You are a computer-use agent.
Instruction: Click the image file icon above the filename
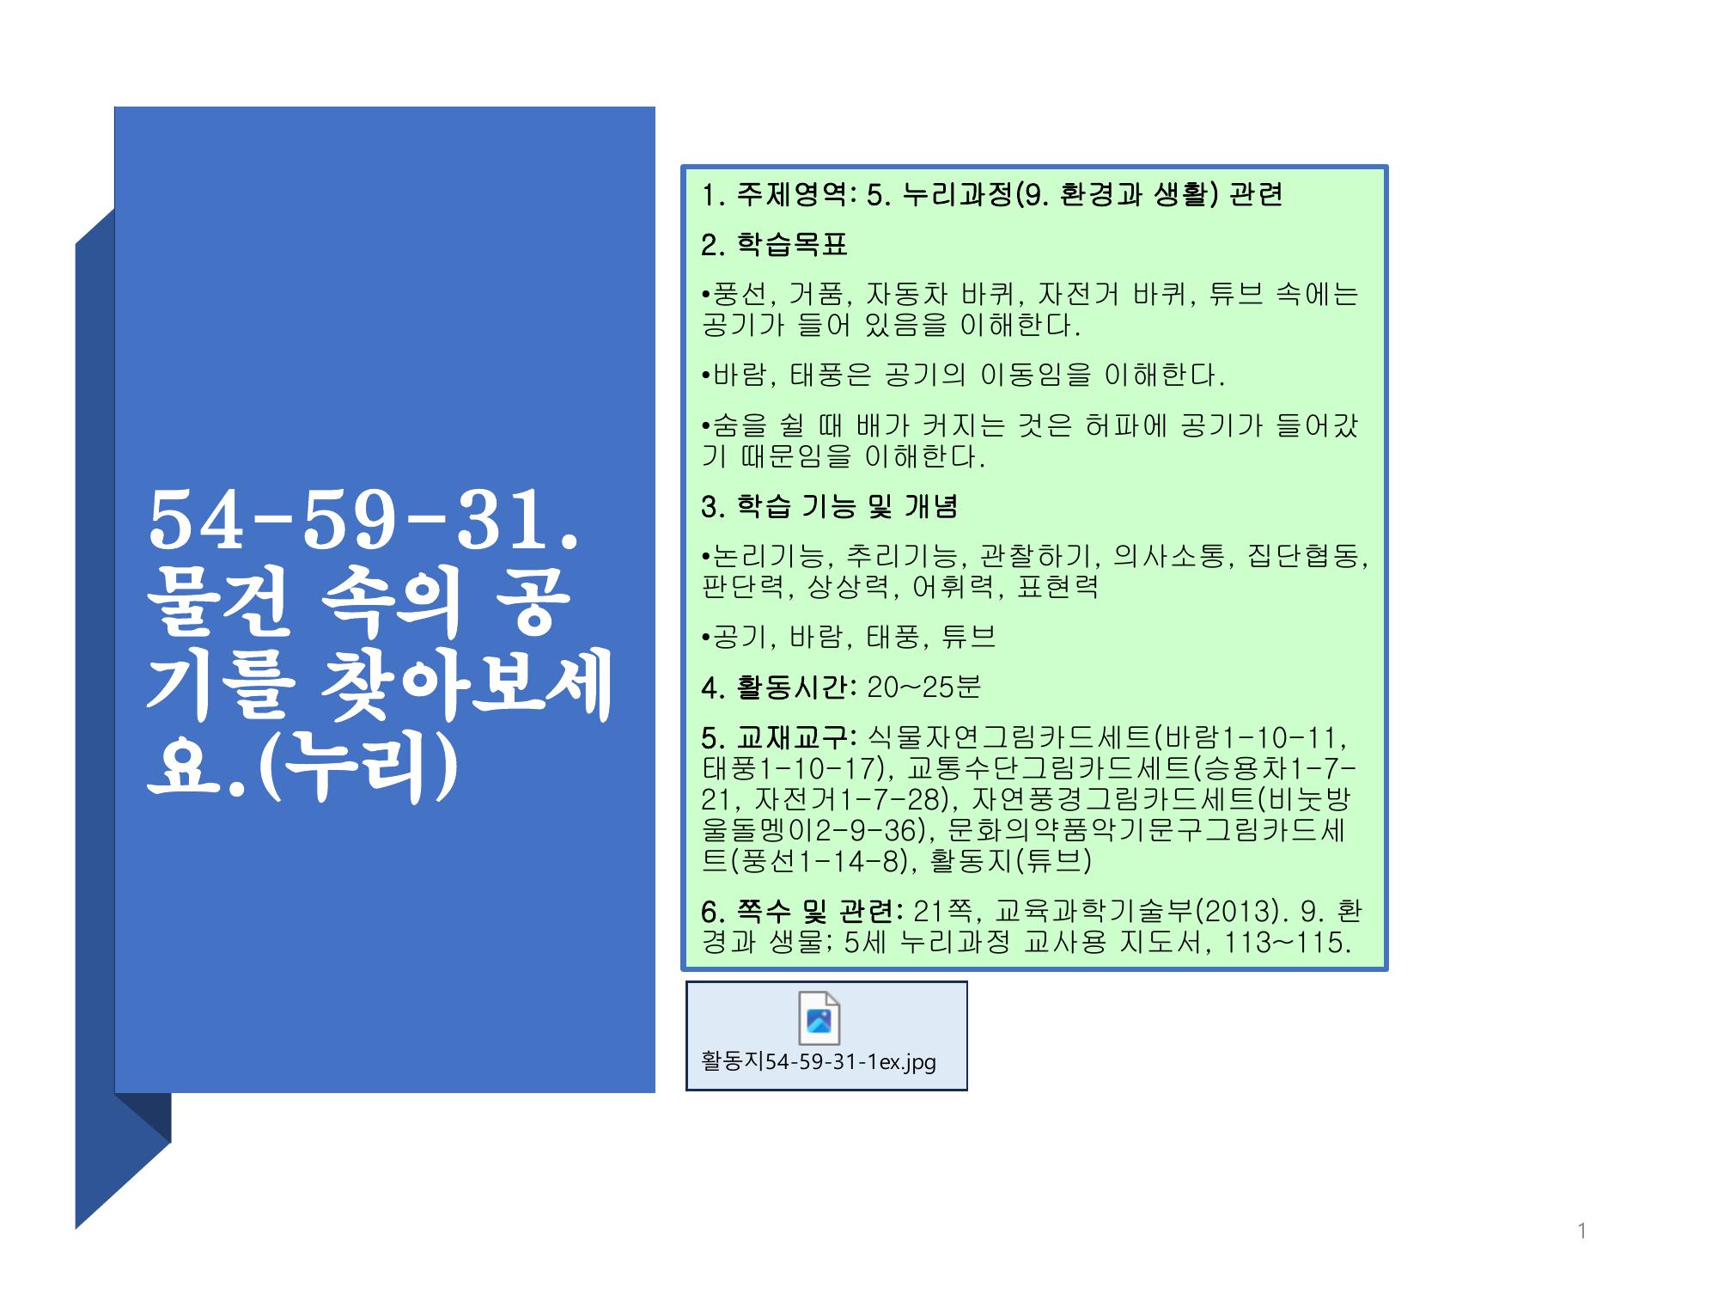coord(819,1018)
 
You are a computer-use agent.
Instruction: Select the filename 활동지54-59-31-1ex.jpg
coord(819,1062)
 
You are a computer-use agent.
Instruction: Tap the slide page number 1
coord(1581,1231)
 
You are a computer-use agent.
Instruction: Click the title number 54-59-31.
coord(364,521)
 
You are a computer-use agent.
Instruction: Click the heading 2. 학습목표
coord(774,245)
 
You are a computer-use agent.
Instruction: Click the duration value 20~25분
coord(923,687)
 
